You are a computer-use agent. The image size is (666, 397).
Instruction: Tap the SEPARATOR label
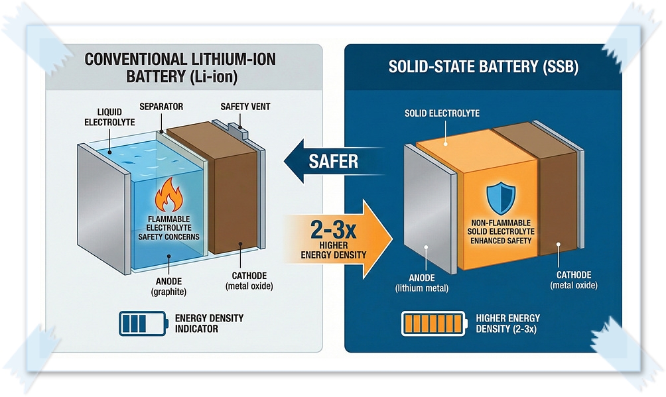pos(161,106)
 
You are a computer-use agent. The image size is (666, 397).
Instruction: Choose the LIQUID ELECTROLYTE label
pos(109,117)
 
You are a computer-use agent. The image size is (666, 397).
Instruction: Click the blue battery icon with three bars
pos(141,323)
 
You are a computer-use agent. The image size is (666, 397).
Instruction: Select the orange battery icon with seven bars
pos(432,323)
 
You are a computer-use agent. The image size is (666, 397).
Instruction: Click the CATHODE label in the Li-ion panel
pos(249,281)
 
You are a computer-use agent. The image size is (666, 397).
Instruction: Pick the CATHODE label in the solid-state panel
pos(574,280)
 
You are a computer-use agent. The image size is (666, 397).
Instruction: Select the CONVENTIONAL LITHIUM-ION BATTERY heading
pos(180,68)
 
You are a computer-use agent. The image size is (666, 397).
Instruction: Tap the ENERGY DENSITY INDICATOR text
pos(209,323)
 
